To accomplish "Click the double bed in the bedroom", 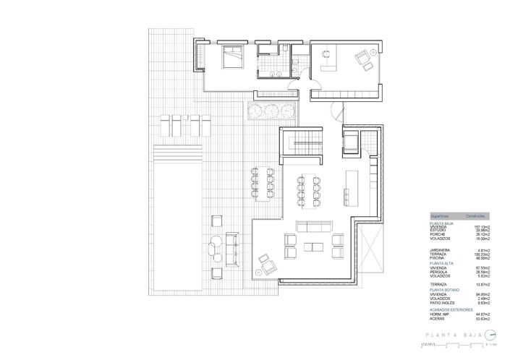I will point(231,56).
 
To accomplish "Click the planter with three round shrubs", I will point(271,110).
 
